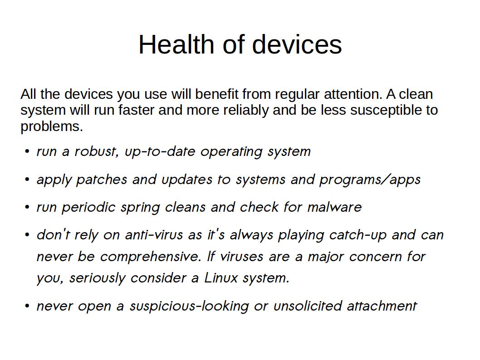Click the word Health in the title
[176, 44]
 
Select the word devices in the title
[297, 44]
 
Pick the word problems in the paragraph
[52, 127]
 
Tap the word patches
[101, 180]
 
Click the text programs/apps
[370, 180]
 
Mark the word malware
[334, 207]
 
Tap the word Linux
[220, 278]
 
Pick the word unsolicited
[307, 306]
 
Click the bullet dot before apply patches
[27, 180]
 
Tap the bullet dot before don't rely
[27, 235]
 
